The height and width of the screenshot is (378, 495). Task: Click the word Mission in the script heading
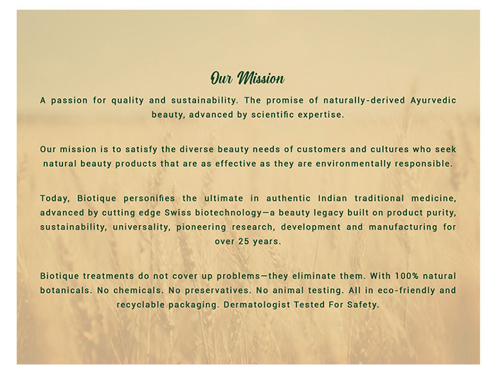261,78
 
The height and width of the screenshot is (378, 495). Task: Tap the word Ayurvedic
433,100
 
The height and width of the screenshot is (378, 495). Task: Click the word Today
53,199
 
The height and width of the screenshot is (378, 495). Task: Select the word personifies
149,199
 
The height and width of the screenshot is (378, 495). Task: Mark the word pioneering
201,227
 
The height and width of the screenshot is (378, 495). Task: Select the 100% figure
407,276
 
